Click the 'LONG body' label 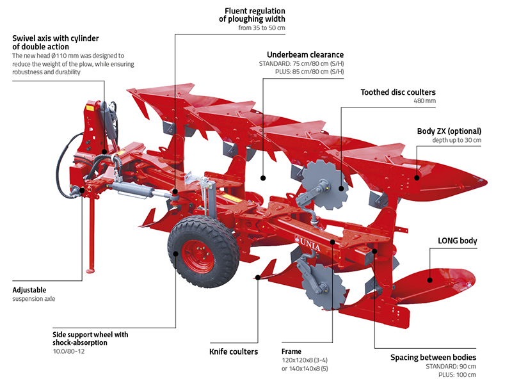click(458, 241)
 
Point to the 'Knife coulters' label click(234, 351)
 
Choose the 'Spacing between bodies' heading click(433, 356)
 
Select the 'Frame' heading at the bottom click(292, 351)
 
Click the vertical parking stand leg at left click(92, 237)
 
